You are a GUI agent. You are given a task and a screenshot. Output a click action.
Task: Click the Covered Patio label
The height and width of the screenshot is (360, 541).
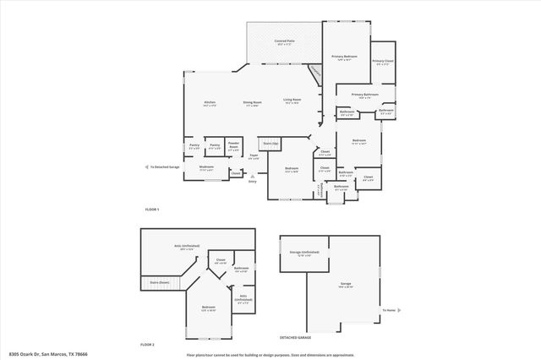(x=283, y=41)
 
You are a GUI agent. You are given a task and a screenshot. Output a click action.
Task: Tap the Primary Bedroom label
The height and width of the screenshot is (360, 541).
(x=344, y=57)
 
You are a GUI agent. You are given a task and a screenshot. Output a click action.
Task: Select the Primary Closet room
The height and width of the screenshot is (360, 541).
(x=383, y=62)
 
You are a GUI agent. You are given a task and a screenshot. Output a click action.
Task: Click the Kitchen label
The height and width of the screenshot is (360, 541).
(x=210, y=103)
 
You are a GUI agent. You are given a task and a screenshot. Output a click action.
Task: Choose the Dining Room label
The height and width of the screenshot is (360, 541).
(x=252, y=103)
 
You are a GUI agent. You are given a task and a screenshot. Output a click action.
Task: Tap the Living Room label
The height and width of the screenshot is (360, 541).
(x=292, y=101)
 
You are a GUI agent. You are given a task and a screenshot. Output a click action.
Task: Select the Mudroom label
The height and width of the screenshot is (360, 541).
(x=206, y=166)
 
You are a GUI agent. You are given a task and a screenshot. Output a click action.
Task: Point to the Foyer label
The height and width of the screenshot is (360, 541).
(x=254, y=156)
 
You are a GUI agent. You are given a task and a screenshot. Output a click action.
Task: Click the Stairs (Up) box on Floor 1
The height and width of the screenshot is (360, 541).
(x=272, y=145)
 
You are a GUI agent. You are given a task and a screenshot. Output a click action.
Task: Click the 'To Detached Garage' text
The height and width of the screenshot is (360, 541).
(x=164, y=167)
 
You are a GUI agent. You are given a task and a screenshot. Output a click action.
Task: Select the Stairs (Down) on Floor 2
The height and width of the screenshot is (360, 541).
(x=160, y=282)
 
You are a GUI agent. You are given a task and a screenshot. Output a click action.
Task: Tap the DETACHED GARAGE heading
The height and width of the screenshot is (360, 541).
(x=297, y=336)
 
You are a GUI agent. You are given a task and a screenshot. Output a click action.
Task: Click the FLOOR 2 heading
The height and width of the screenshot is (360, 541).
(x=149, y=345)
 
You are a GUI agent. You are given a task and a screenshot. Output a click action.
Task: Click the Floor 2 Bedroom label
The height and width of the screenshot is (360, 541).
(x=208, y=308)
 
